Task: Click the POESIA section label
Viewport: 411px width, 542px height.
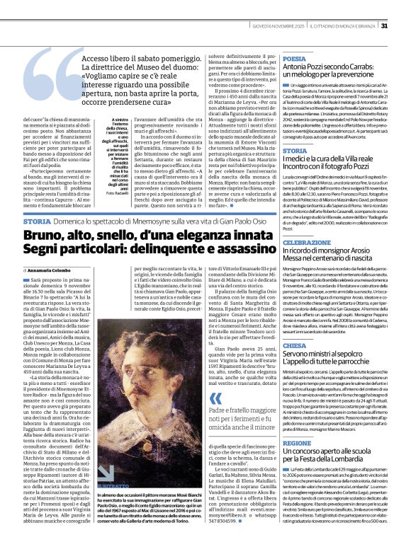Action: point(294,59)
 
